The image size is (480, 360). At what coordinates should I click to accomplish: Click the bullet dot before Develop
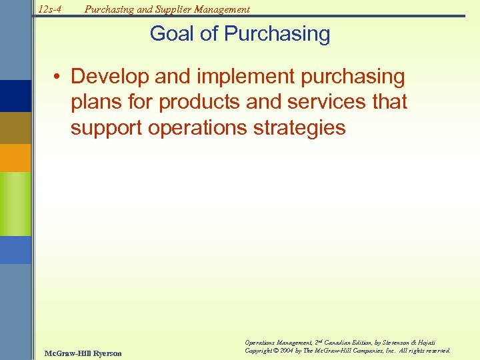coord(60,77)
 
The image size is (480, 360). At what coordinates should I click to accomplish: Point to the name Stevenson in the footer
coord(396,341)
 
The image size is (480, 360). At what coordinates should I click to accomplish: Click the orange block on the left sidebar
coord(15,158)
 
